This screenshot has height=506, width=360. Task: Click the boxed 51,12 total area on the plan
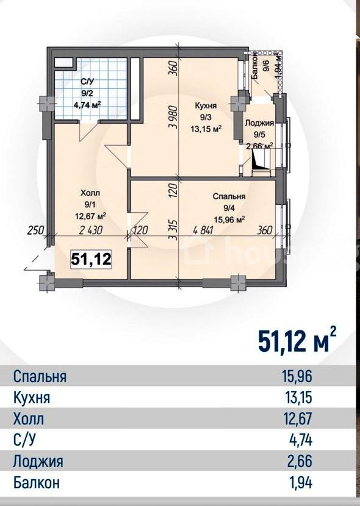click(x=92, y=259)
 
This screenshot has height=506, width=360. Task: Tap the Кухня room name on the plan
click(x=206, y=105)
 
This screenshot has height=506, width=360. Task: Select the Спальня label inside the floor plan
click(x=229, y=196)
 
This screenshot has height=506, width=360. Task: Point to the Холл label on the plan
click(x=90, y=193)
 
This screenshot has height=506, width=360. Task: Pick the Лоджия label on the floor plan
click(x=259, y=123)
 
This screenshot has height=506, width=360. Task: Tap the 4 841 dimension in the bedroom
click(x=203, y=230)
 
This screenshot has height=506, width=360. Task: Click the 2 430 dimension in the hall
click(x=91, y=230)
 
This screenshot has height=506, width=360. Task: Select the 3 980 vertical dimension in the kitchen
click(x=173, y=117)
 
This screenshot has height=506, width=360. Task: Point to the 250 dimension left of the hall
click(x=36, y=230)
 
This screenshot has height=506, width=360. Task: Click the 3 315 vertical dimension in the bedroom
click(x=173, y=230)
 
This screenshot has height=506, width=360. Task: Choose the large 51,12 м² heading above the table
click(x=297, y=341)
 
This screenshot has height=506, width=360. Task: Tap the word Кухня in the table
click(x=32, y=397)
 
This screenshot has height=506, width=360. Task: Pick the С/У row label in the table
click(x=24, y=440)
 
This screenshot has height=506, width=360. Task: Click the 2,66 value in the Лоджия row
click(x=300, y=461)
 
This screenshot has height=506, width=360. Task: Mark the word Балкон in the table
click(x=36, y=482)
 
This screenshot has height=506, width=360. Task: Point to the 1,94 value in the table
click(x=301, y=482)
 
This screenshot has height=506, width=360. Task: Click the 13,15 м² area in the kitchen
click(x=206, y=129)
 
